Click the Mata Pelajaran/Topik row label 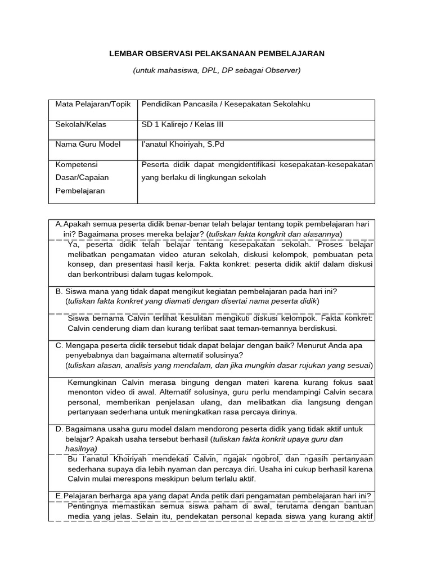[x=92, y=104]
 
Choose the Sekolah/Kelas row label [x=80, y=124]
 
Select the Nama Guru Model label [x=88, y=144]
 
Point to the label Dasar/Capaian [x=82, y=177]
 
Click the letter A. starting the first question [x=59, y=224]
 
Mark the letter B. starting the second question [x=58, y=291]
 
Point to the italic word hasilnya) [x=81, y=449]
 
